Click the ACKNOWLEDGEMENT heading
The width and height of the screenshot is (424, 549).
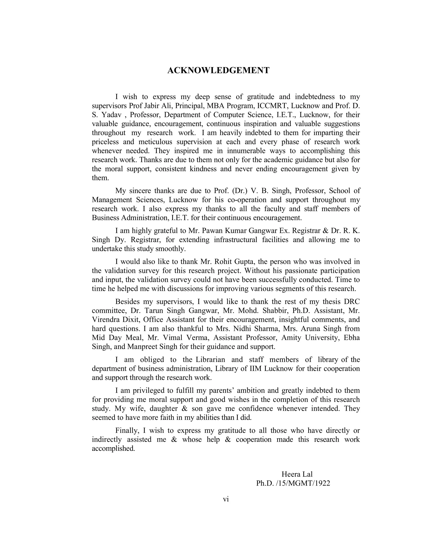point(218,71)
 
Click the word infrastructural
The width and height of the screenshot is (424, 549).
point(235,239)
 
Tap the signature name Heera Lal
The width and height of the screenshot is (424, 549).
point(297,474)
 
